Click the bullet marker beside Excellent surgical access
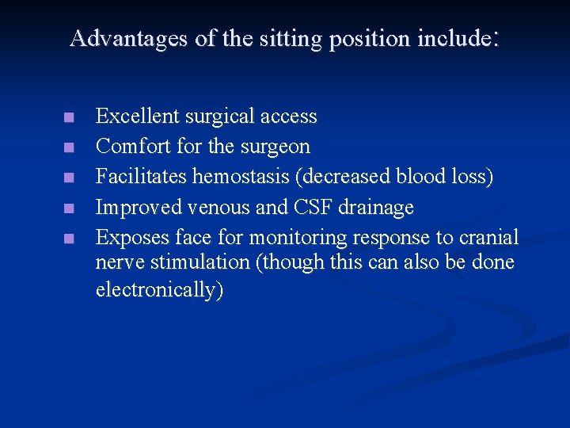70,117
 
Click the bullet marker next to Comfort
70,147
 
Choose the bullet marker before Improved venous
70,208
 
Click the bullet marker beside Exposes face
70,238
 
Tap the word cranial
488,237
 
